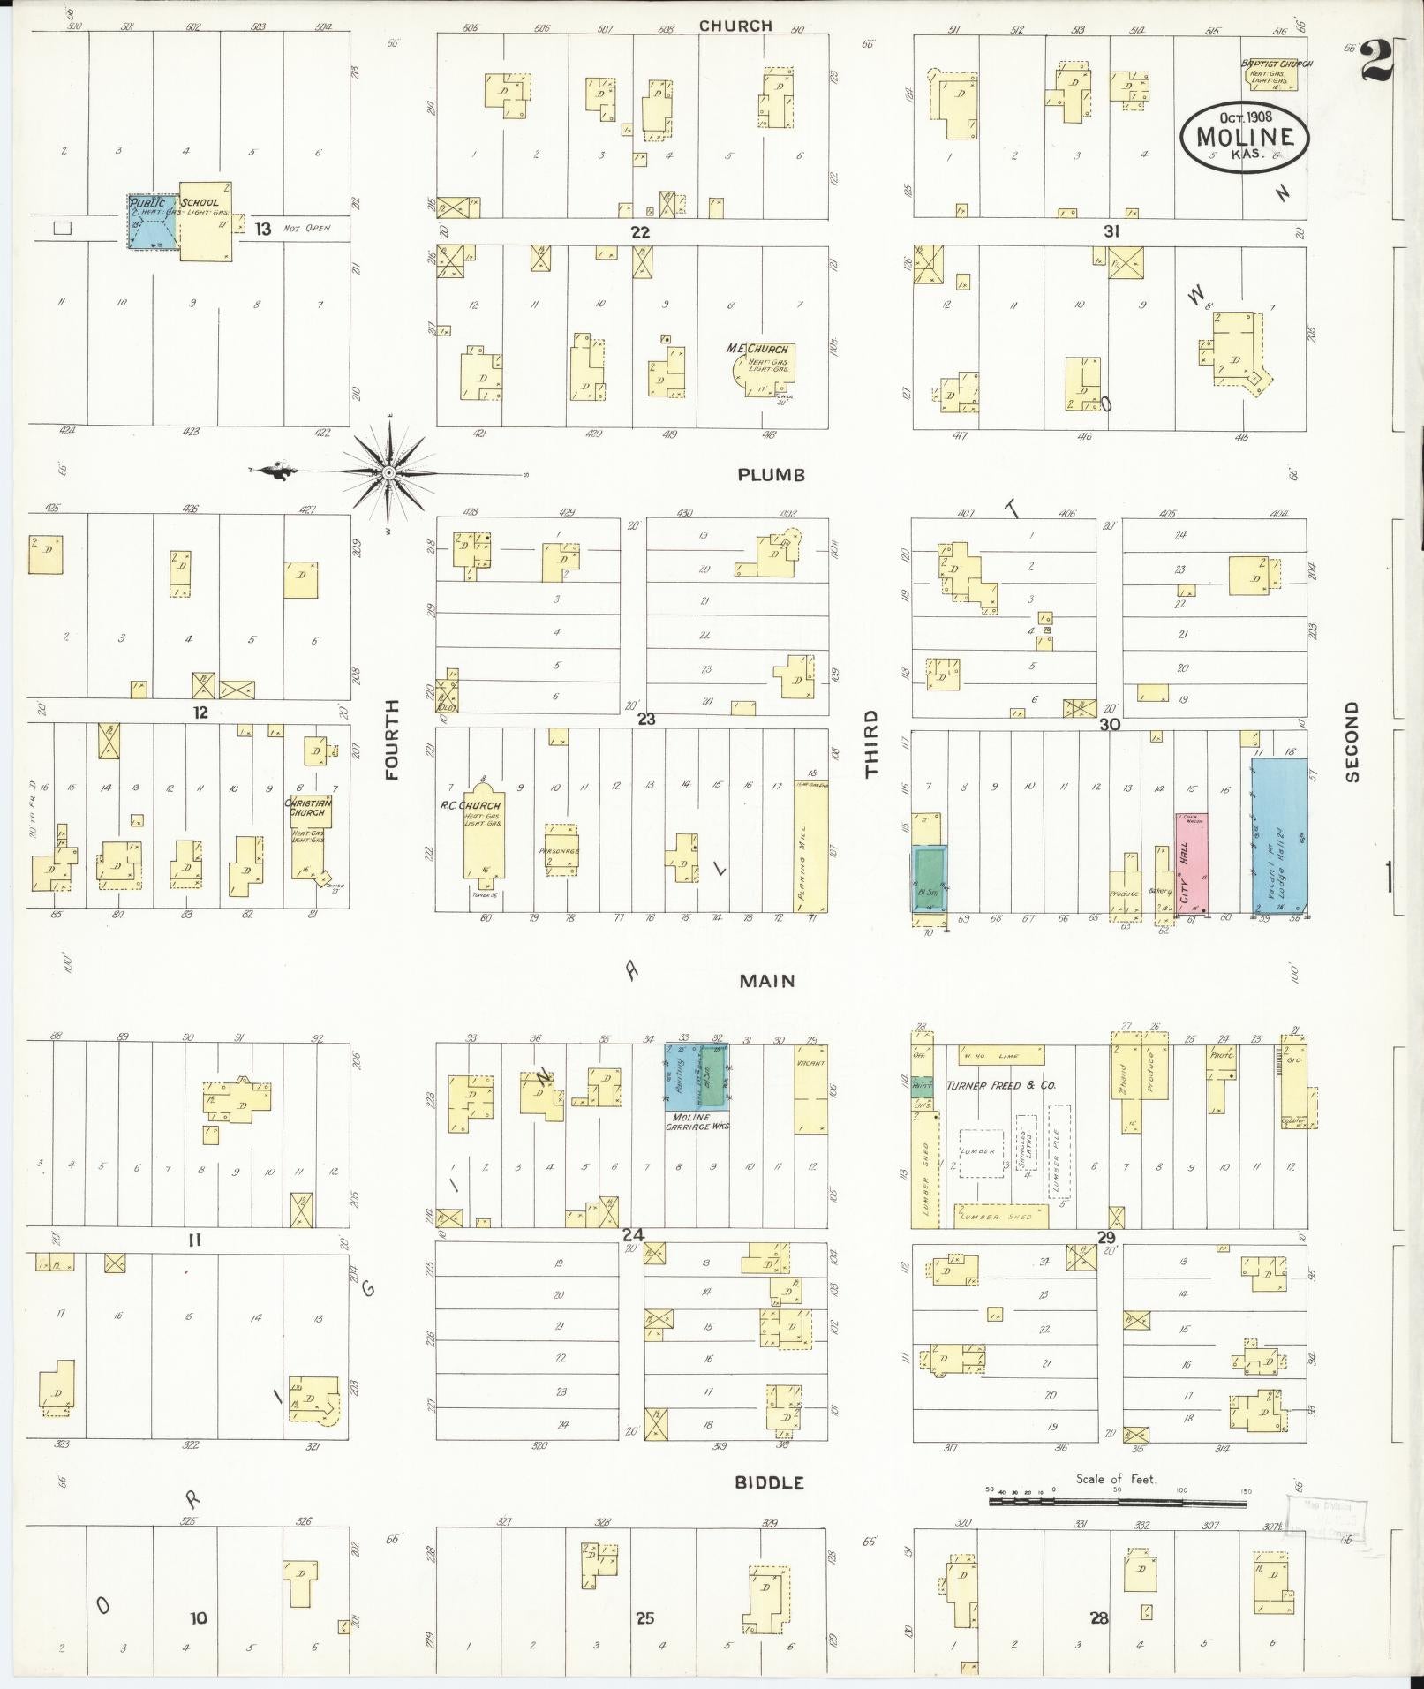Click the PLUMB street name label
click(x=771, y=475)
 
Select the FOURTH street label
click(x=392, y=739)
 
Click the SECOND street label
click(x=1352, y=742)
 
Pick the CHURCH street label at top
click(x=735, y=26)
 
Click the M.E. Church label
click(x=757, y=349)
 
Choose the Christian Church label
click(x=307, y=807)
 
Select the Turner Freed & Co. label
click(x=1001, y=1085)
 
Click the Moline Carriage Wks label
click(x=697, y=1121)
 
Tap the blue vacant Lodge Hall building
click(x=1279, y=834)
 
